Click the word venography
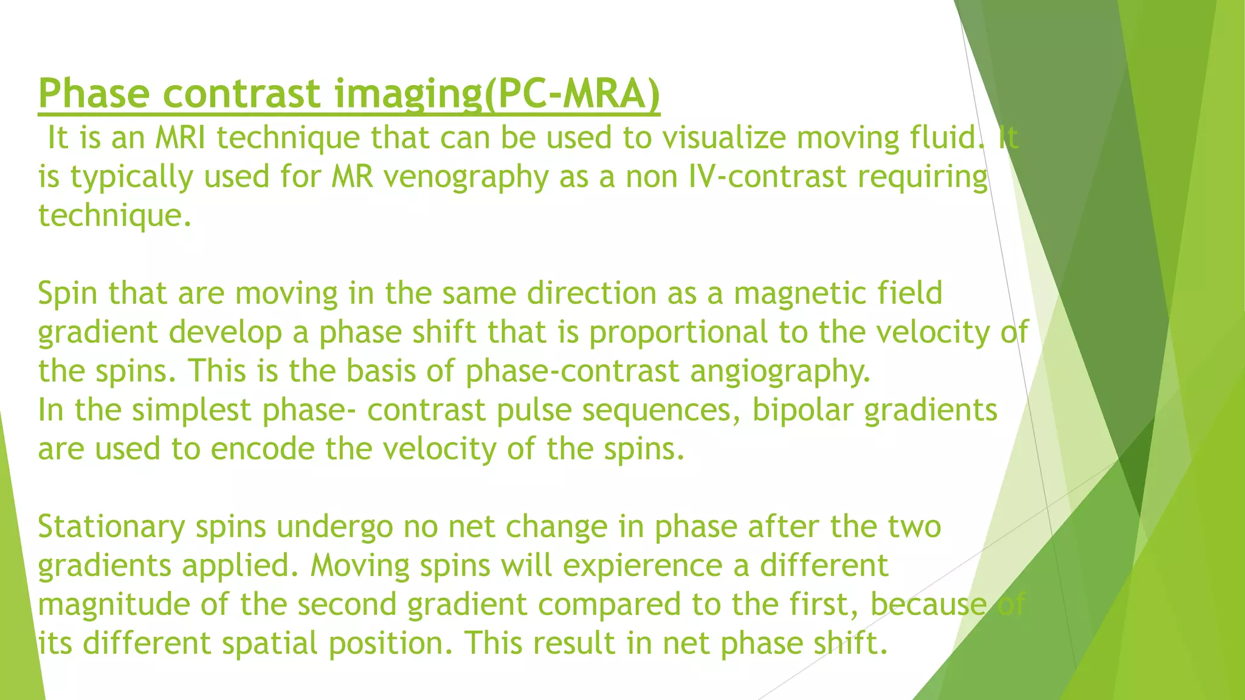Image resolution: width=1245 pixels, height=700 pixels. click(x=466, y=177)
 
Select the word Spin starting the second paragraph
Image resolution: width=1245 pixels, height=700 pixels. click(x=67, y=293)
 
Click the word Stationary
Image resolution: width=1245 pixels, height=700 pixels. click(x=111, y=526)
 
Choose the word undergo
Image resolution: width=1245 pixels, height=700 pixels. click(x=334, y=526)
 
